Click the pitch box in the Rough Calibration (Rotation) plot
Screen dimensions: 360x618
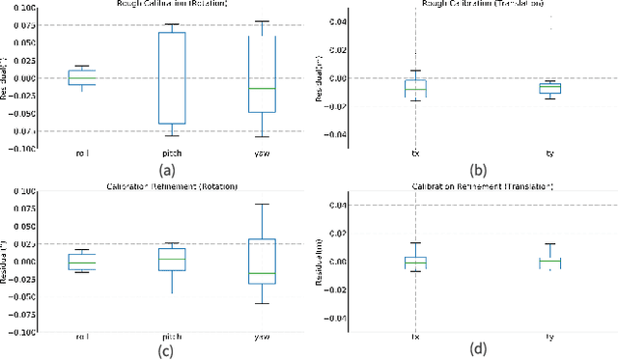coord(171,78)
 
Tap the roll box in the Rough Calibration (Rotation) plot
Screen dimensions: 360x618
coord(81,77)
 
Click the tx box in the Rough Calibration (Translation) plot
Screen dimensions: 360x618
coord(415,88)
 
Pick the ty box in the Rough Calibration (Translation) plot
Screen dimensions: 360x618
coord(549,88)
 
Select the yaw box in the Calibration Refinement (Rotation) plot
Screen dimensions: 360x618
coord(262,261)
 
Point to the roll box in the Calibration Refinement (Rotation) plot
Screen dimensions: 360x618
coord(81,262)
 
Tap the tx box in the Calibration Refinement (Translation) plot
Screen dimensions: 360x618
coord(415,262)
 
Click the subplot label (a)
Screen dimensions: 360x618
coord(166,169)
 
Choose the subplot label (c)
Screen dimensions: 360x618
coord(166,349)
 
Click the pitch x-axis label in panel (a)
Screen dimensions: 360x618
coord(171,153)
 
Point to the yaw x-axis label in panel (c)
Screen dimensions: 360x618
coord(262,336)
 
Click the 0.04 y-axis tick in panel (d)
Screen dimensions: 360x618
coord(337,205)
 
